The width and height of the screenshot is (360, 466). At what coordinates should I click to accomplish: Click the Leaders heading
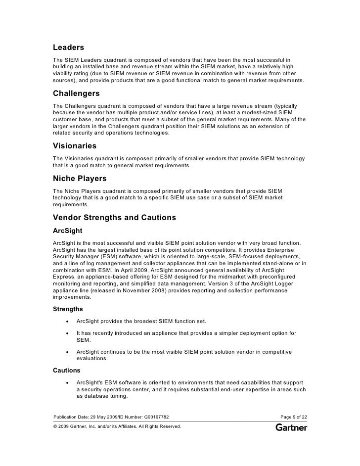pyautogui.click(x=68, y=47)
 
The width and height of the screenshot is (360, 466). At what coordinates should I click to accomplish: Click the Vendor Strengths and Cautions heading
pyautogui.click(x=114, y=218)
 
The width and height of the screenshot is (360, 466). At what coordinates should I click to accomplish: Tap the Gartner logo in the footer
pyautogui.click(x=291, y=426)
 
